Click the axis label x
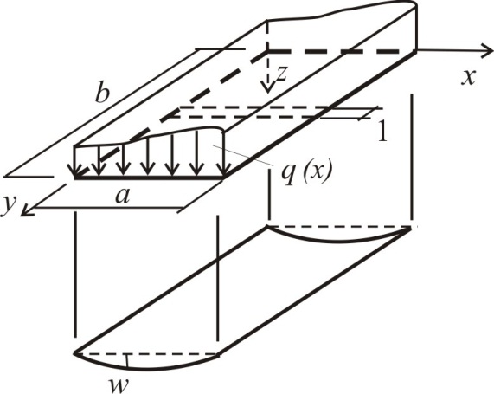click(x=468, y=78)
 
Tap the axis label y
click(x=9, y=205)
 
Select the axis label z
click(x=280, y=74)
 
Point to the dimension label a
click(x=123, y=197)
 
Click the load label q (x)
click(x=306, y=171)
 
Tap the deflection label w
click(x=119, y=384)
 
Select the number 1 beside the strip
click(x=382, y=132)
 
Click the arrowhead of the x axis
click(x=488, y=50)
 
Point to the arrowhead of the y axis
click(x=26, y=210)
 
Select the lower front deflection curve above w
click(x=146, y=365)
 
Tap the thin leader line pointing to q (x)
click(x=241, y=155)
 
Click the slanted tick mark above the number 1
click(x=369, y=113)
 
